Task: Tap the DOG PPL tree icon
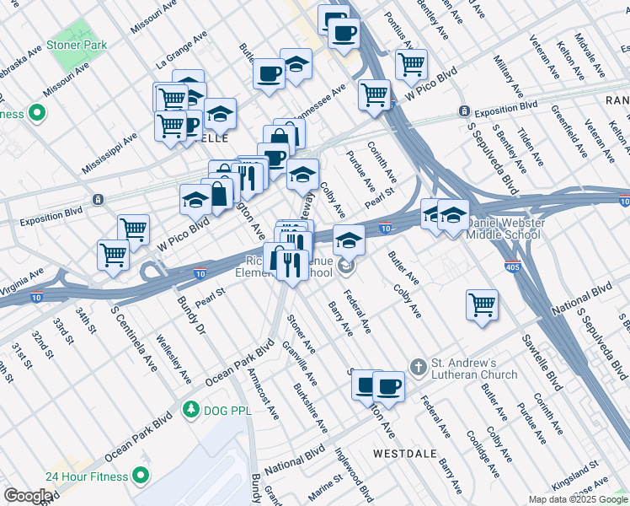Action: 192,409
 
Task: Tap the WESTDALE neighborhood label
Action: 404,453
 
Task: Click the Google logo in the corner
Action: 28,496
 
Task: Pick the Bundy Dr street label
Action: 190,316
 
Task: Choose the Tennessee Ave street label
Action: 320,102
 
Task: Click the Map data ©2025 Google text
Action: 578,499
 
